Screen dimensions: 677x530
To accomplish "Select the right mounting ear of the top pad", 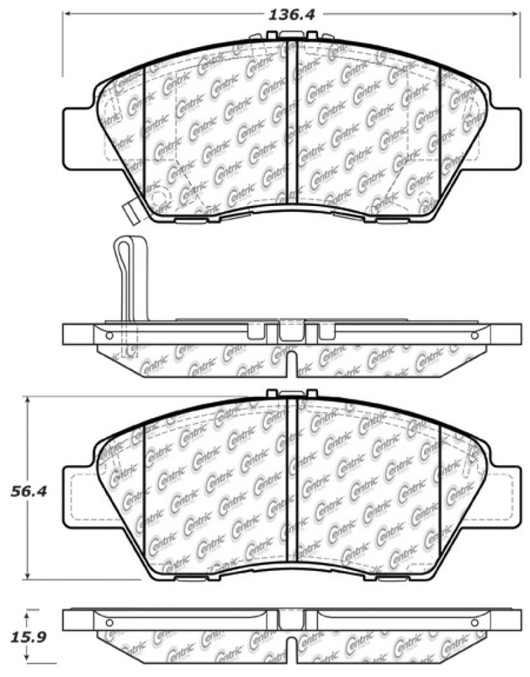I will coord(505,132).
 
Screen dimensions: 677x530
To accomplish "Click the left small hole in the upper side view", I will coord(110,336).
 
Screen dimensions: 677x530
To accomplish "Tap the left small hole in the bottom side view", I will coord(110,623).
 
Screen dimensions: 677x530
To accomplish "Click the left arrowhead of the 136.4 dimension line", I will coord(66,14).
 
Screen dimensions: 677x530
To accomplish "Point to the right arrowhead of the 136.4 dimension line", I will coord(514,14).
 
